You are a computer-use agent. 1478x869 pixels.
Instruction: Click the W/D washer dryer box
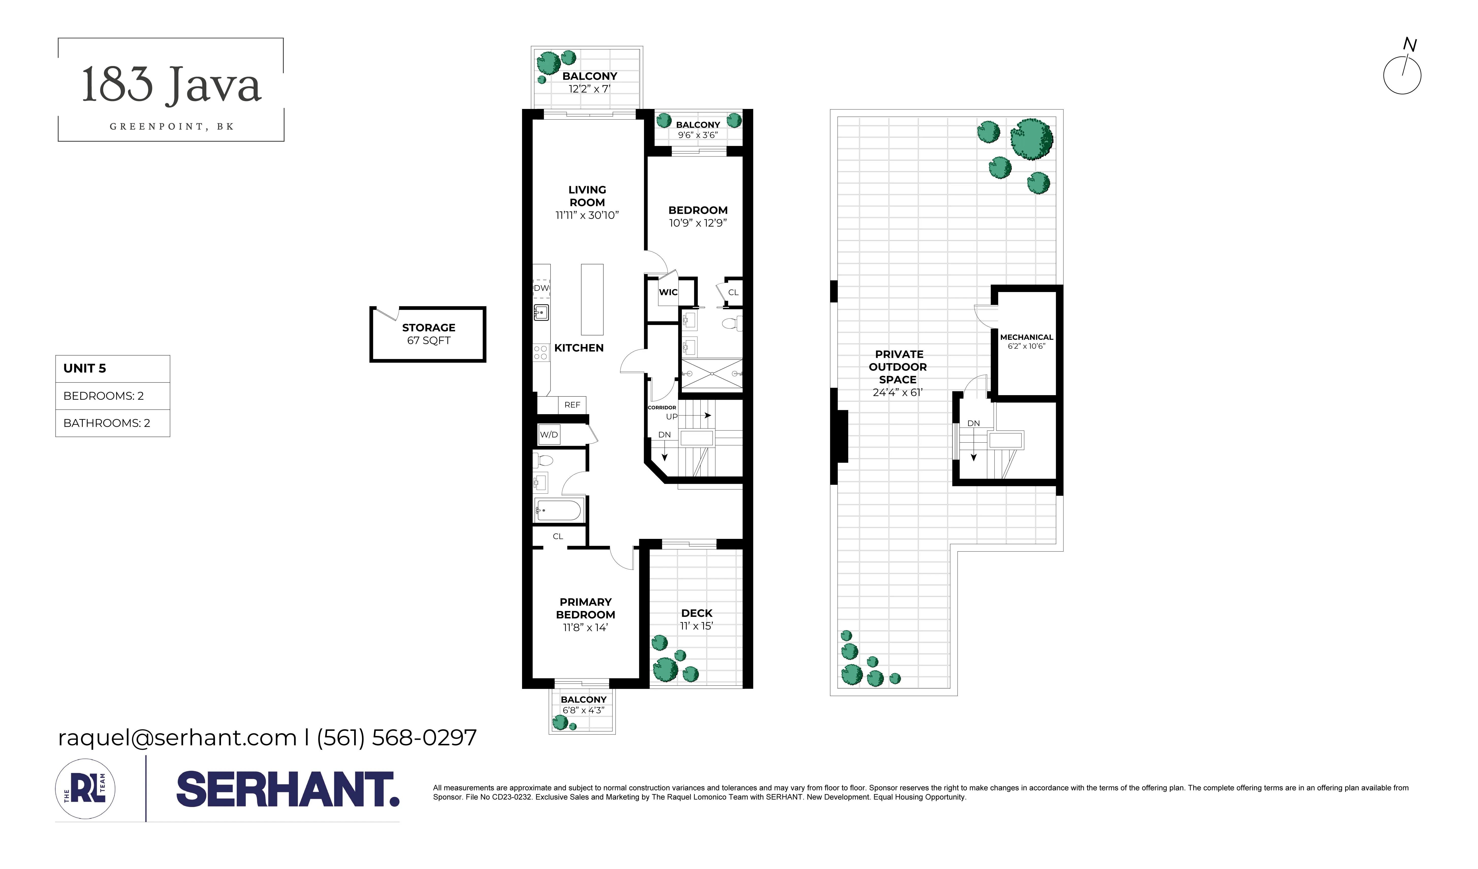tap(549, 435)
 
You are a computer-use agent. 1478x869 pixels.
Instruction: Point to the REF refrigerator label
tap(572, 405)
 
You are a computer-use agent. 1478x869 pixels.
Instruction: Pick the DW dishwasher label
tap(541, 288)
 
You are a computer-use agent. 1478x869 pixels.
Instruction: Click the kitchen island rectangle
tap(592, 299)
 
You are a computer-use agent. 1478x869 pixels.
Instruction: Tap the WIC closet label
tap(668, 292)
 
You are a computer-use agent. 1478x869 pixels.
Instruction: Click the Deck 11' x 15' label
tap(697, 619)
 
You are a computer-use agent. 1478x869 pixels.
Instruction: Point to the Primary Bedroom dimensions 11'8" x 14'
tap(585, 627)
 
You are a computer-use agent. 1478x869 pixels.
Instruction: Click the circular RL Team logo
tap(85, 789)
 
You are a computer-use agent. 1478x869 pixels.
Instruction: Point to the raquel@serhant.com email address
tap(177, 738)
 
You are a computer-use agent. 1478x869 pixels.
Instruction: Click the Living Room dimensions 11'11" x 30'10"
tap(587, 215)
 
